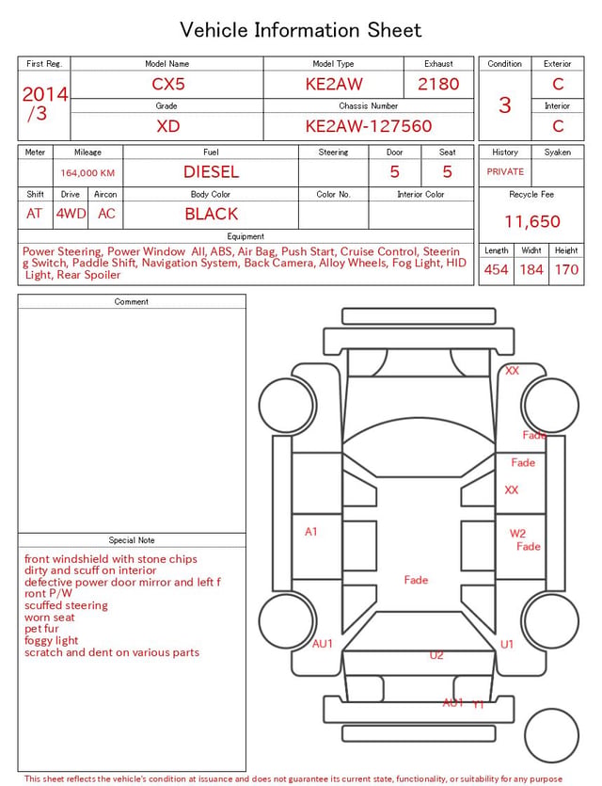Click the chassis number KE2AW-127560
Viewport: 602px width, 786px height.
click(369, 126)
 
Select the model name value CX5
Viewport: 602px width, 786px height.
click(168, 84)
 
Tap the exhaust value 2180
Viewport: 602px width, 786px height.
click(438, 84)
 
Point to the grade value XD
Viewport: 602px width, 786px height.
click(167, 126)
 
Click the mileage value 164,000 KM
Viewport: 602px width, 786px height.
click(87, 173)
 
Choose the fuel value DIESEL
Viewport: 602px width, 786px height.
click(211, 172)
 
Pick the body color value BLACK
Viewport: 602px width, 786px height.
click(212, 214)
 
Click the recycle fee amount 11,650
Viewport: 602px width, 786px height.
click(531, 221)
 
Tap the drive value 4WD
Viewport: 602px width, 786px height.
click(71, 214)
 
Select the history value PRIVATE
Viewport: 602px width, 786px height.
click(505, 171)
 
